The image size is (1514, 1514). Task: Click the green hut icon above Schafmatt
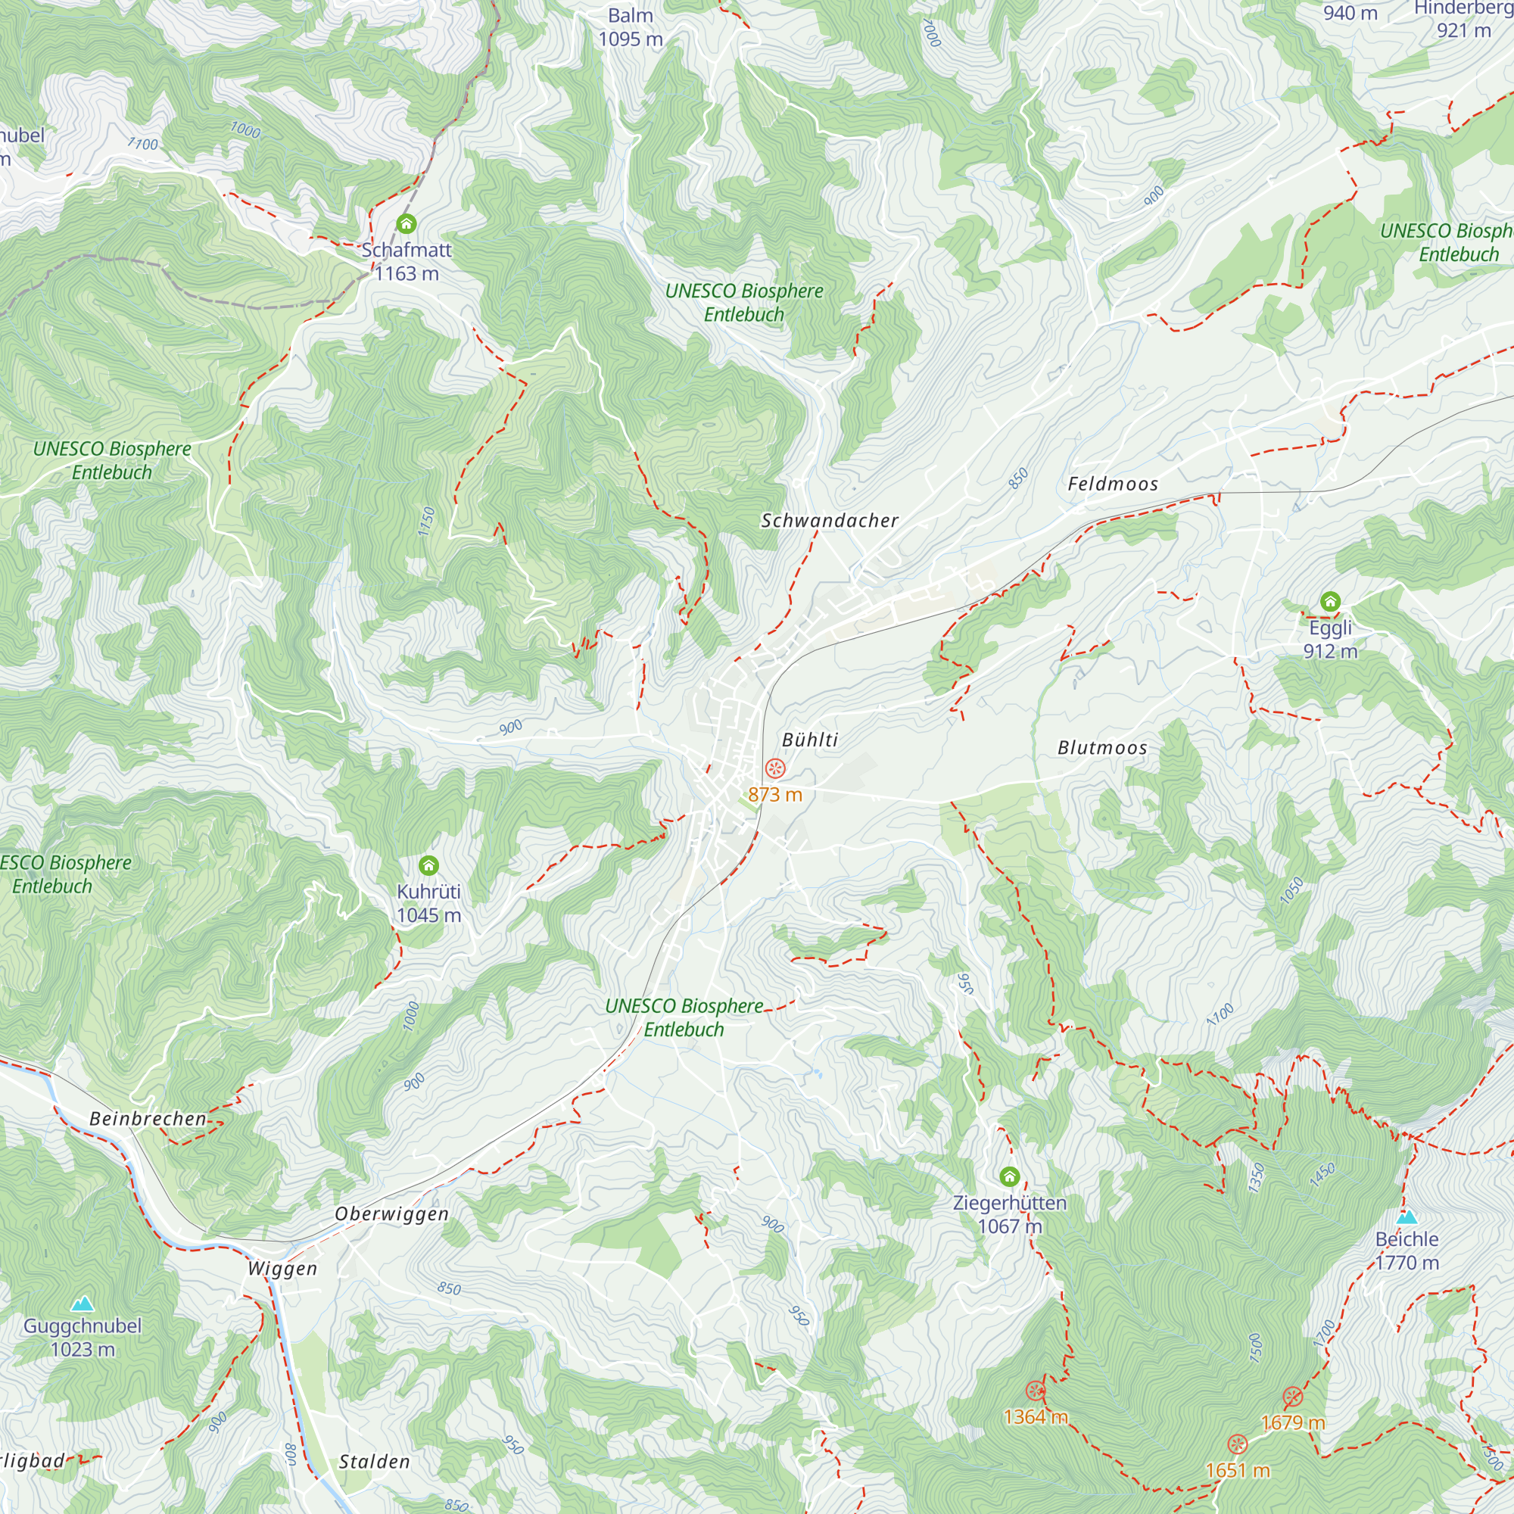coord(406,224)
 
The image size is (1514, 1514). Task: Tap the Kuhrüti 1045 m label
coord(428,903)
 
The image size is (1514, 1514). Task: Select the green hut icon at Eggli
coord(1330,602)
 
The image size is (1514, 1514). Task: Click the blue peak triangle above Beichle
coord(1407,1217)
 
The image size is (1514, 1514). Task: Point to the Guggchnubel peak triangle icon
coord(83,1304)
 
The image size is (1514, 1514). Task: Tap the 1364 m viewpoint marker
coord(1035,1391)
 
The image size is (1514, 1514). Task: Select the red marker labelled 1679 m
coord(1292,1397)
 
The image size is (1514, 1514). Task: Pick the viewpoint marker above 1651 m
coord(1237,1444)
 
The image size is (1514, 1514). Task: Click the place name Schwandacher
coord(830,520)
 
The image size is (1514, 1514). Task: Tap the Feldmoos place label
coord(1113,484)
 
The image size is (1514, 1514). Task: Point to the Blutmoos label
coord(1101,748)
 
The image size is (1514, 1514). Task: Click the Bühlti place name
coord(810,740)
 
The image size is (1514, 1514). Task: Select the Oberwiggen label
coord(392,1214)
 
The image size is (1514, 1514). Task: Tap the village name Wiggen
coord(282,1269)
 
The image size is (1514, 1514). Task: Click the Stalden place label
coord(375,1462)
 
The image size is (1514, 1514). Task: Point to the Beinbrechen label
coord(148,1118)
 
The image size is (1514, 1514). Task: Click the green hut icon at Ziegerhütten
coord(1009,1176)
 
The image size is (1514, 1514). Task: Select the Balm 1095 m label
coord(630,26)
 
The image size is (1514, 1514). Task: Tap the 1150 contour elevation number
coord(426,522)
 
